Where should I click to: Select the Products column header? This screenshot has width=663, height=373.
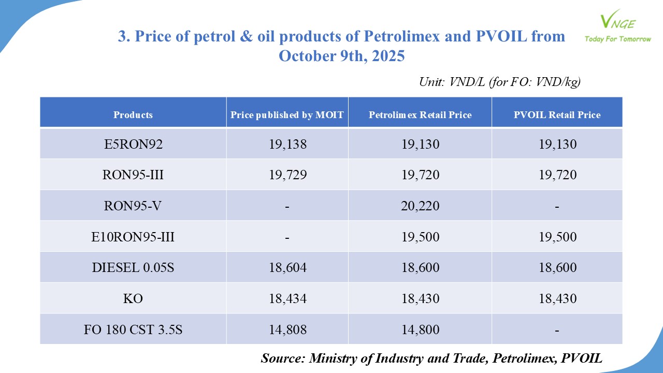tap(133, 115)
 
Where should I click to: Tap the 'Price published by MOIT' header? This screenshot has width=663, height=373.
tap(287, 115)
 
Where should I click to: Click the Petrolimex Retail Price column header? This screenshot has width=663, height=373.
tap(420, 115)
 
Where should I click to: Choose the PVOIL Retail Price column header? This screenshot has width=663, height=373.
tap(557, 115)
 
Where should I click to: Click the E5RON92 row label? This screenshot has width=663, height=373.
tap(133, 144)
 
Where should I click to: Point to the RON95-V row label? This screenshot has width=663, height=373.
tap(133, 206)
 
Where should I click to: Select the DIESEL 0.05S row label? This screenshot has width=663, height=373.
tap(133, 268)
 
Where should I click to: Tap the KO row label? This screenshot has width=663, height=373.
tap(133, 299)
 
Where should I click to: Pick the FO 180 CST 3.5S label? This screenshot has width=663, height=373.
tap(133, 330)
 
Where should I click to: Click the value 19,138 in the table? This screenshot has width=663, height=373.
tap(287, 144)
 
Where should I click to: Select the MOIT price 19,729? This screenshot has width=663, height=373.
tap(287, 175)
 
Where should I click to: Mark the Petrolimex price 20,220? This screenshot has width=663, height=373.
tap(420, 206)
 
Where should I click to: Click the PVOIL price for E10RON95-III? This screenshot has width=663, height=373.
tap(557, 237)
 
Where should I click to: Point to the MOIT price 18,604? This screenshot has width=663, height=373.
tap(287, 268)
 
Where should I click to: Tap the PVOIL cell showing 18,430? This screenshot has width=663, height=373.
tap(557, 299)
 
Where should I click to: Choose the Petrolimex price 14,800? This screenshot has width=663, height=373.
tap(420, 330)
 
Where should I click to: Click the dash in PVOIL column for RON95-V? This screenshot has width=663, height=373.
tap(557, 206)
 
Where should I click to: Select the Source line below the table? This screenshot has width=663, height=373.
tap(431, 358)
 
